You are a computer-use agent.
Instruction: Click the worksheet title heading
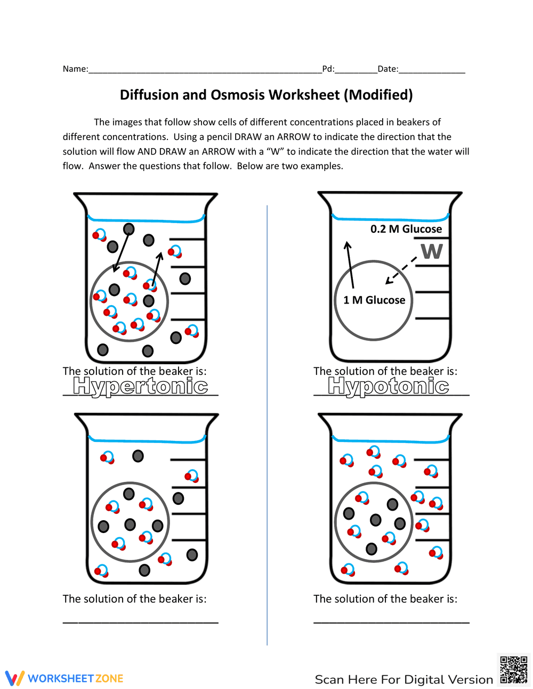coord(266,95)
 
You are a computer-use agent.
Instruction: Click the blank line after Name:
coord(205,71)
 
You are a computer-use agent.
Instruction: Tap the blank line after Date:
coord(432,71)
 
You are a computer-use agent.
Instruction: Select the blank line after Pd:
coord(356,71)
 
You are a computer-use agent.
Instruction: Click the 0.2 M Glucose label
coord(406,229)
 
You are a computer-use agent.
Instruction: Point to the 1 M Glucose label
coord(374,300)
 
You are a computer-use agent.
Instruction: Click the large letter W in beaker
coord(432,251)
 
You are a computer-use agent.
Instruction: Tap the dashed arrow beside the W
coord(401,270)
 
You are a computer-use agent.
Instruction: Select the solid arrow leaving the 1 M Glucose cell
coord(350,265)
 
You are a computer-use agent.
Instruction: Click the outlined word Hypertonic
coord(141,386)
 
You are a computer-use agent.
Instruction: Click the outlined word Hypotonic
coord(389,386)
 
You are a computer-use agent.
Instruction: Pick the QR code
coord(514,670)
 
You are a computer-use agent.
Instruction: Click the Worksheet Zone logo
coord(64,678)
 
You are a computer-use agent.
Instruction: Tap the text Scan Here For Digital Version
coord(404,679)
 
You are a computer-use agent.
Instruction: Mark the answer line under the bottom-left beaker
coord(141,621)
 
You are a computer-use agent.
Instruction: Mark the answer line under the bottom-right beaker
coord(391,621)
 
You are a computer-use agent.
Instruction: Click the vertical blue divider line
coord(267,426)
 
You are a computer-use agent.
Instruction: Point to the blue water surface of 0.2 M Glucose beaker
coord(390,219)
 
